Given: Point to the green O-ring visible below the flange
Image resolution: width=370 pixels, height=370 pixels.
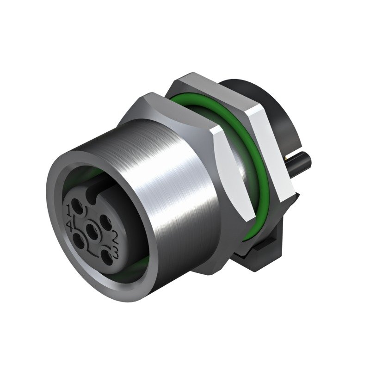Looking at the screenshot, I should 250,231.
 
